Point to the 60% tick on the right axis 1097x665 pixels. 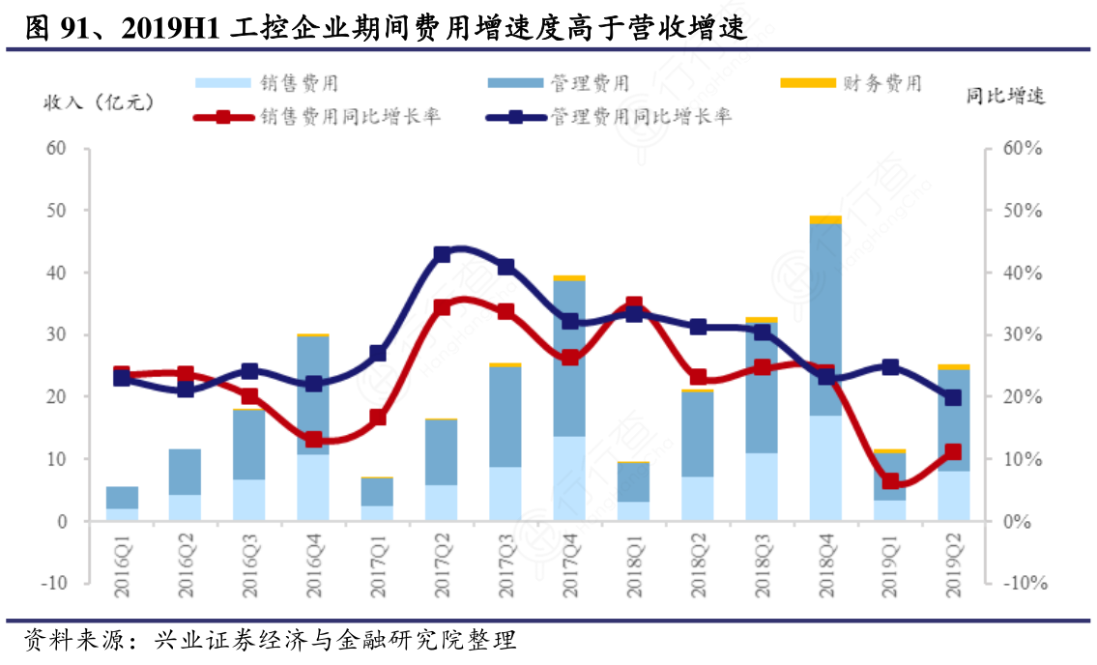click(1022, 149)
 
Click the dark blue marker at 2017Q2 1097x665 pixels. click(442, 254)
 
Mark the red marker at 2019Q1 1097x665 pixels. click(889, 481)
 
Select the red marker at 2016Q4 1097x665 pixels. click(313, 440)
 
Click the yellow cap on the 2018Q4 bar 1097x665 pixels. click(824, 219)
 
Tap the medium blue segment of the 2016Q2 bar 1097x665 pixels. click(186, 472)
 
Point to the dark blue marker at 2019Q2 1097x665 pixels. click(953, 397)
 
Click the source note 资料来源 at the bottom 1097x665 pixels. click(271, 641)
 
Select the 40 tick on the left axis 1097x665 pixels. click(56, 273)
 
